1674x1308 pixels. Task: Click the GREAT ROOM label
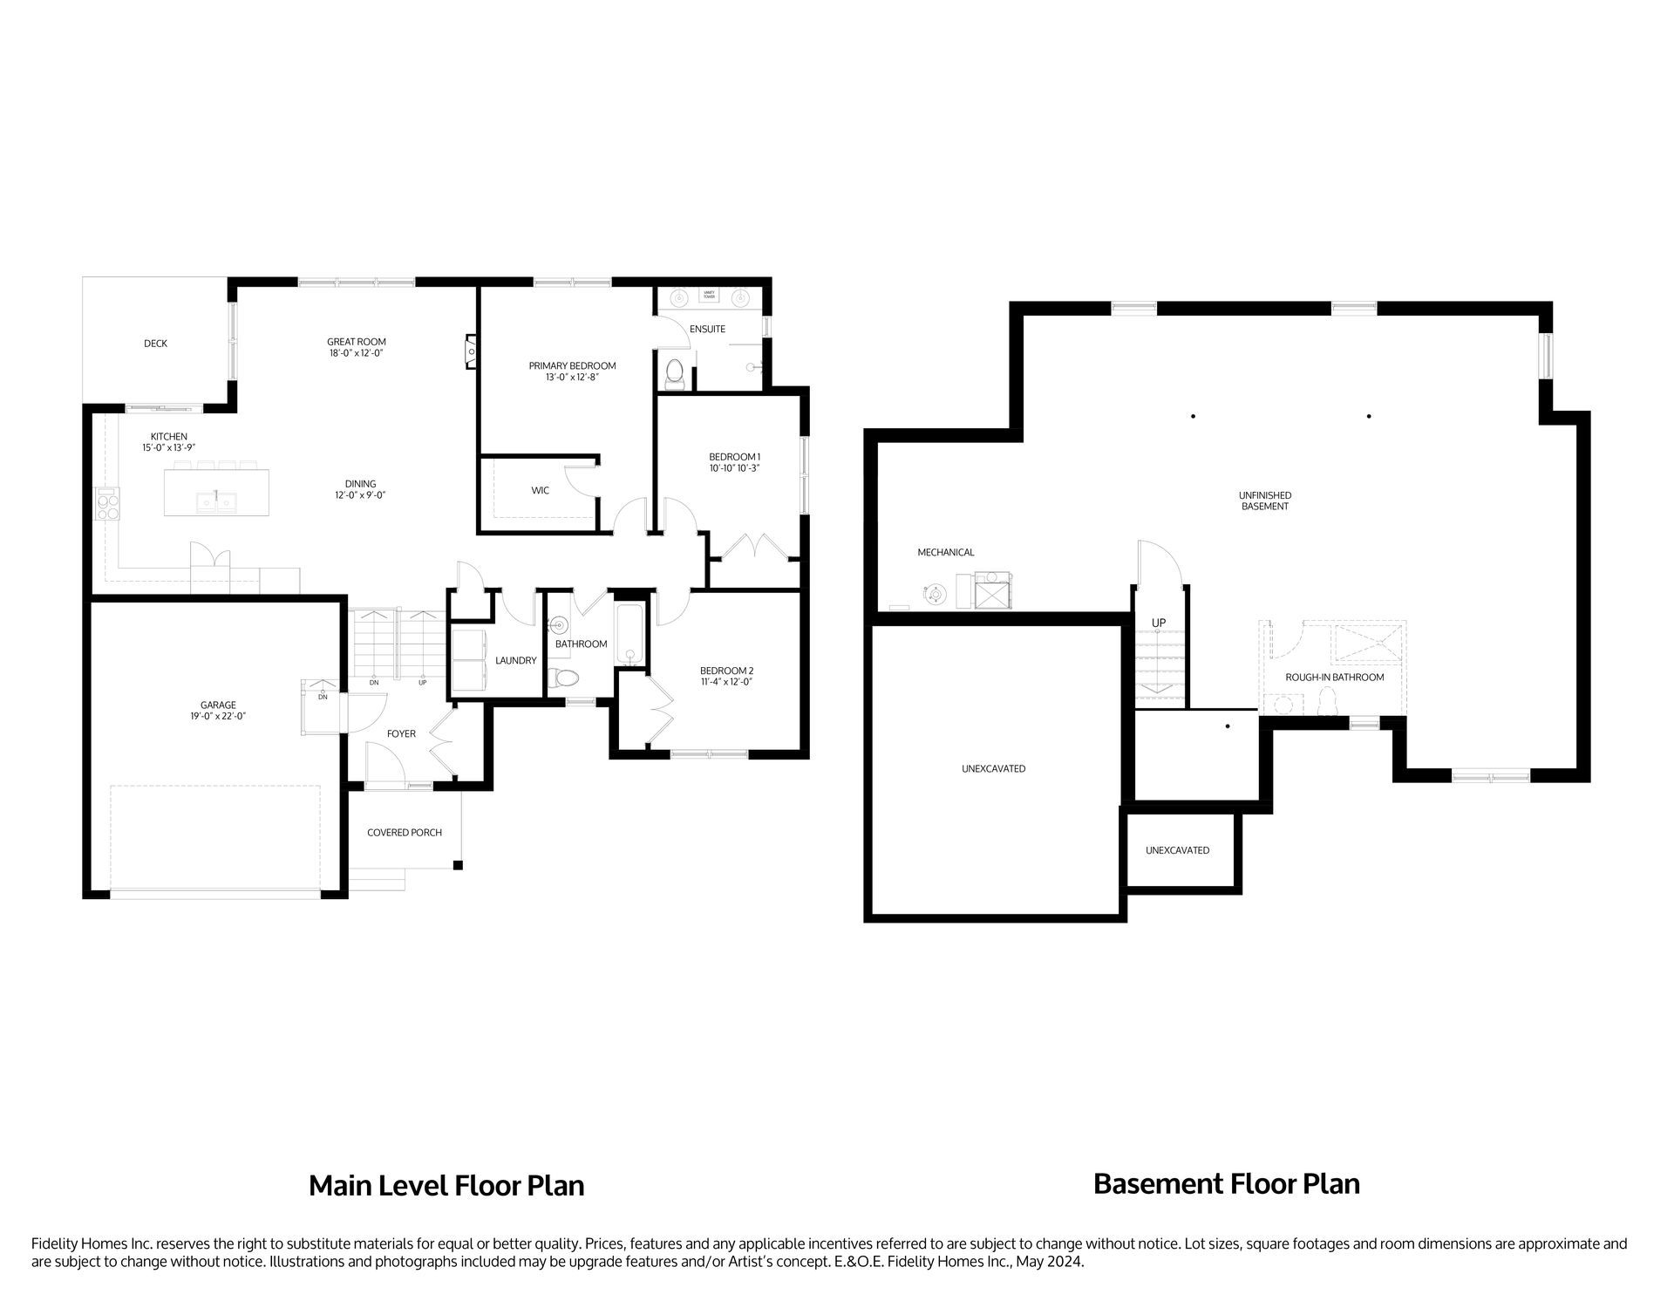[x=356, y=342]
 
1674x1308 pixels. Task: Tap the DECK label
[x=155, y=344]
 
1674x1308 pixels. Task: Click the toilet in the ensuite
[x=674, y=374]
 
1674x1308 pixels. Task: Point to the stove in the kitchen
[x=107, y=504]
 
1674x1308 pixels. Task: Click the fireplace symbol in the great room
[x=471, y=351]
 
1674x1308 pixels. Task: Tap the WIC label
[x=540, y=491]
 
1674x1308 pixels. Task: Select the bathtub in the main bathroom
[x=629, y=633]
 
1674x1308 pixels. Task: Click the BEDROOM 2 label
[x=726, y=671]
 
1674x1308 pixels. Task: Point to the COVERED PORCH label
[x=404, y=833]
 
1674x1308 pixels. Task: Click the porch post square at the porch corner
[x=457, y=865]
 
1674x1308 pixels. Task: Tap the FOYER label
[x=401, y=733]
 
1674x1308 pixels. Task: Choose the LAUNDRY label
[x=515, y=660]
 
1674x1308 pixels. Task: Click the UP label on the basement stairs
[x=1159, y=623]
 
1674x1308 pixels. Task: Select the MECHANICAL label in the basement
[x=945, y=552]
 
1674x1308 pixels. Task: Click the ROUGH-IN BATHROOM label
[x=1334, y=677]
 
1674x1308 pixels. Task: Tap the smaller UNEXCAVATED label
[x=1177, y=850]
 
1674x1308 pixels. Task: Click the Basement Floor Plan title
[x=1226, y=1183]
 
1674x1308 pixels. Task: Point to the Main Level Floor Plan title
[x=446, y=1185]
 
